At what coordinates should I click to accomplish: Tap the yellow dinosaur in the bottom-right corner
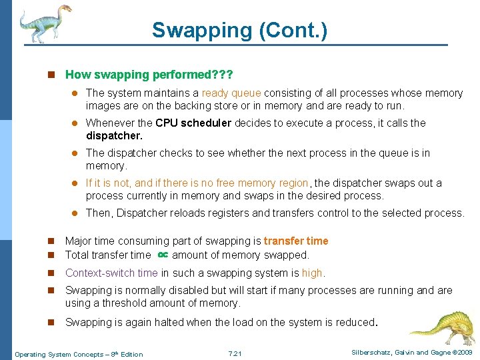[441, 326]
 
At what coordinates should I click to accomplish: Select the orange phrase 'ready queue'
[231, 93]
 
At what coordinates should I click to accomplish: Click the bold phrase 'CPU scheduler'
[193, 123]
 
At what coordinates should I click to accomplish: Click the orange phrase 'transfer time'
[296, 241]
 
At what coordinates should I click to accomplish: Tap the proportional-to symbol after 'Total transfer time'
[162, 255]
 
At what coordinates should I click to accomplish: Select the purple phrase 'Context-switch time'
[111, 273]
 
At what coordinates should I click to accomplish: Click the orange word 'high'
[312, 273]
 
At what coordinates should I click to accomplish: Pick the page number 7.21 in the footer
[235, 353]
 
